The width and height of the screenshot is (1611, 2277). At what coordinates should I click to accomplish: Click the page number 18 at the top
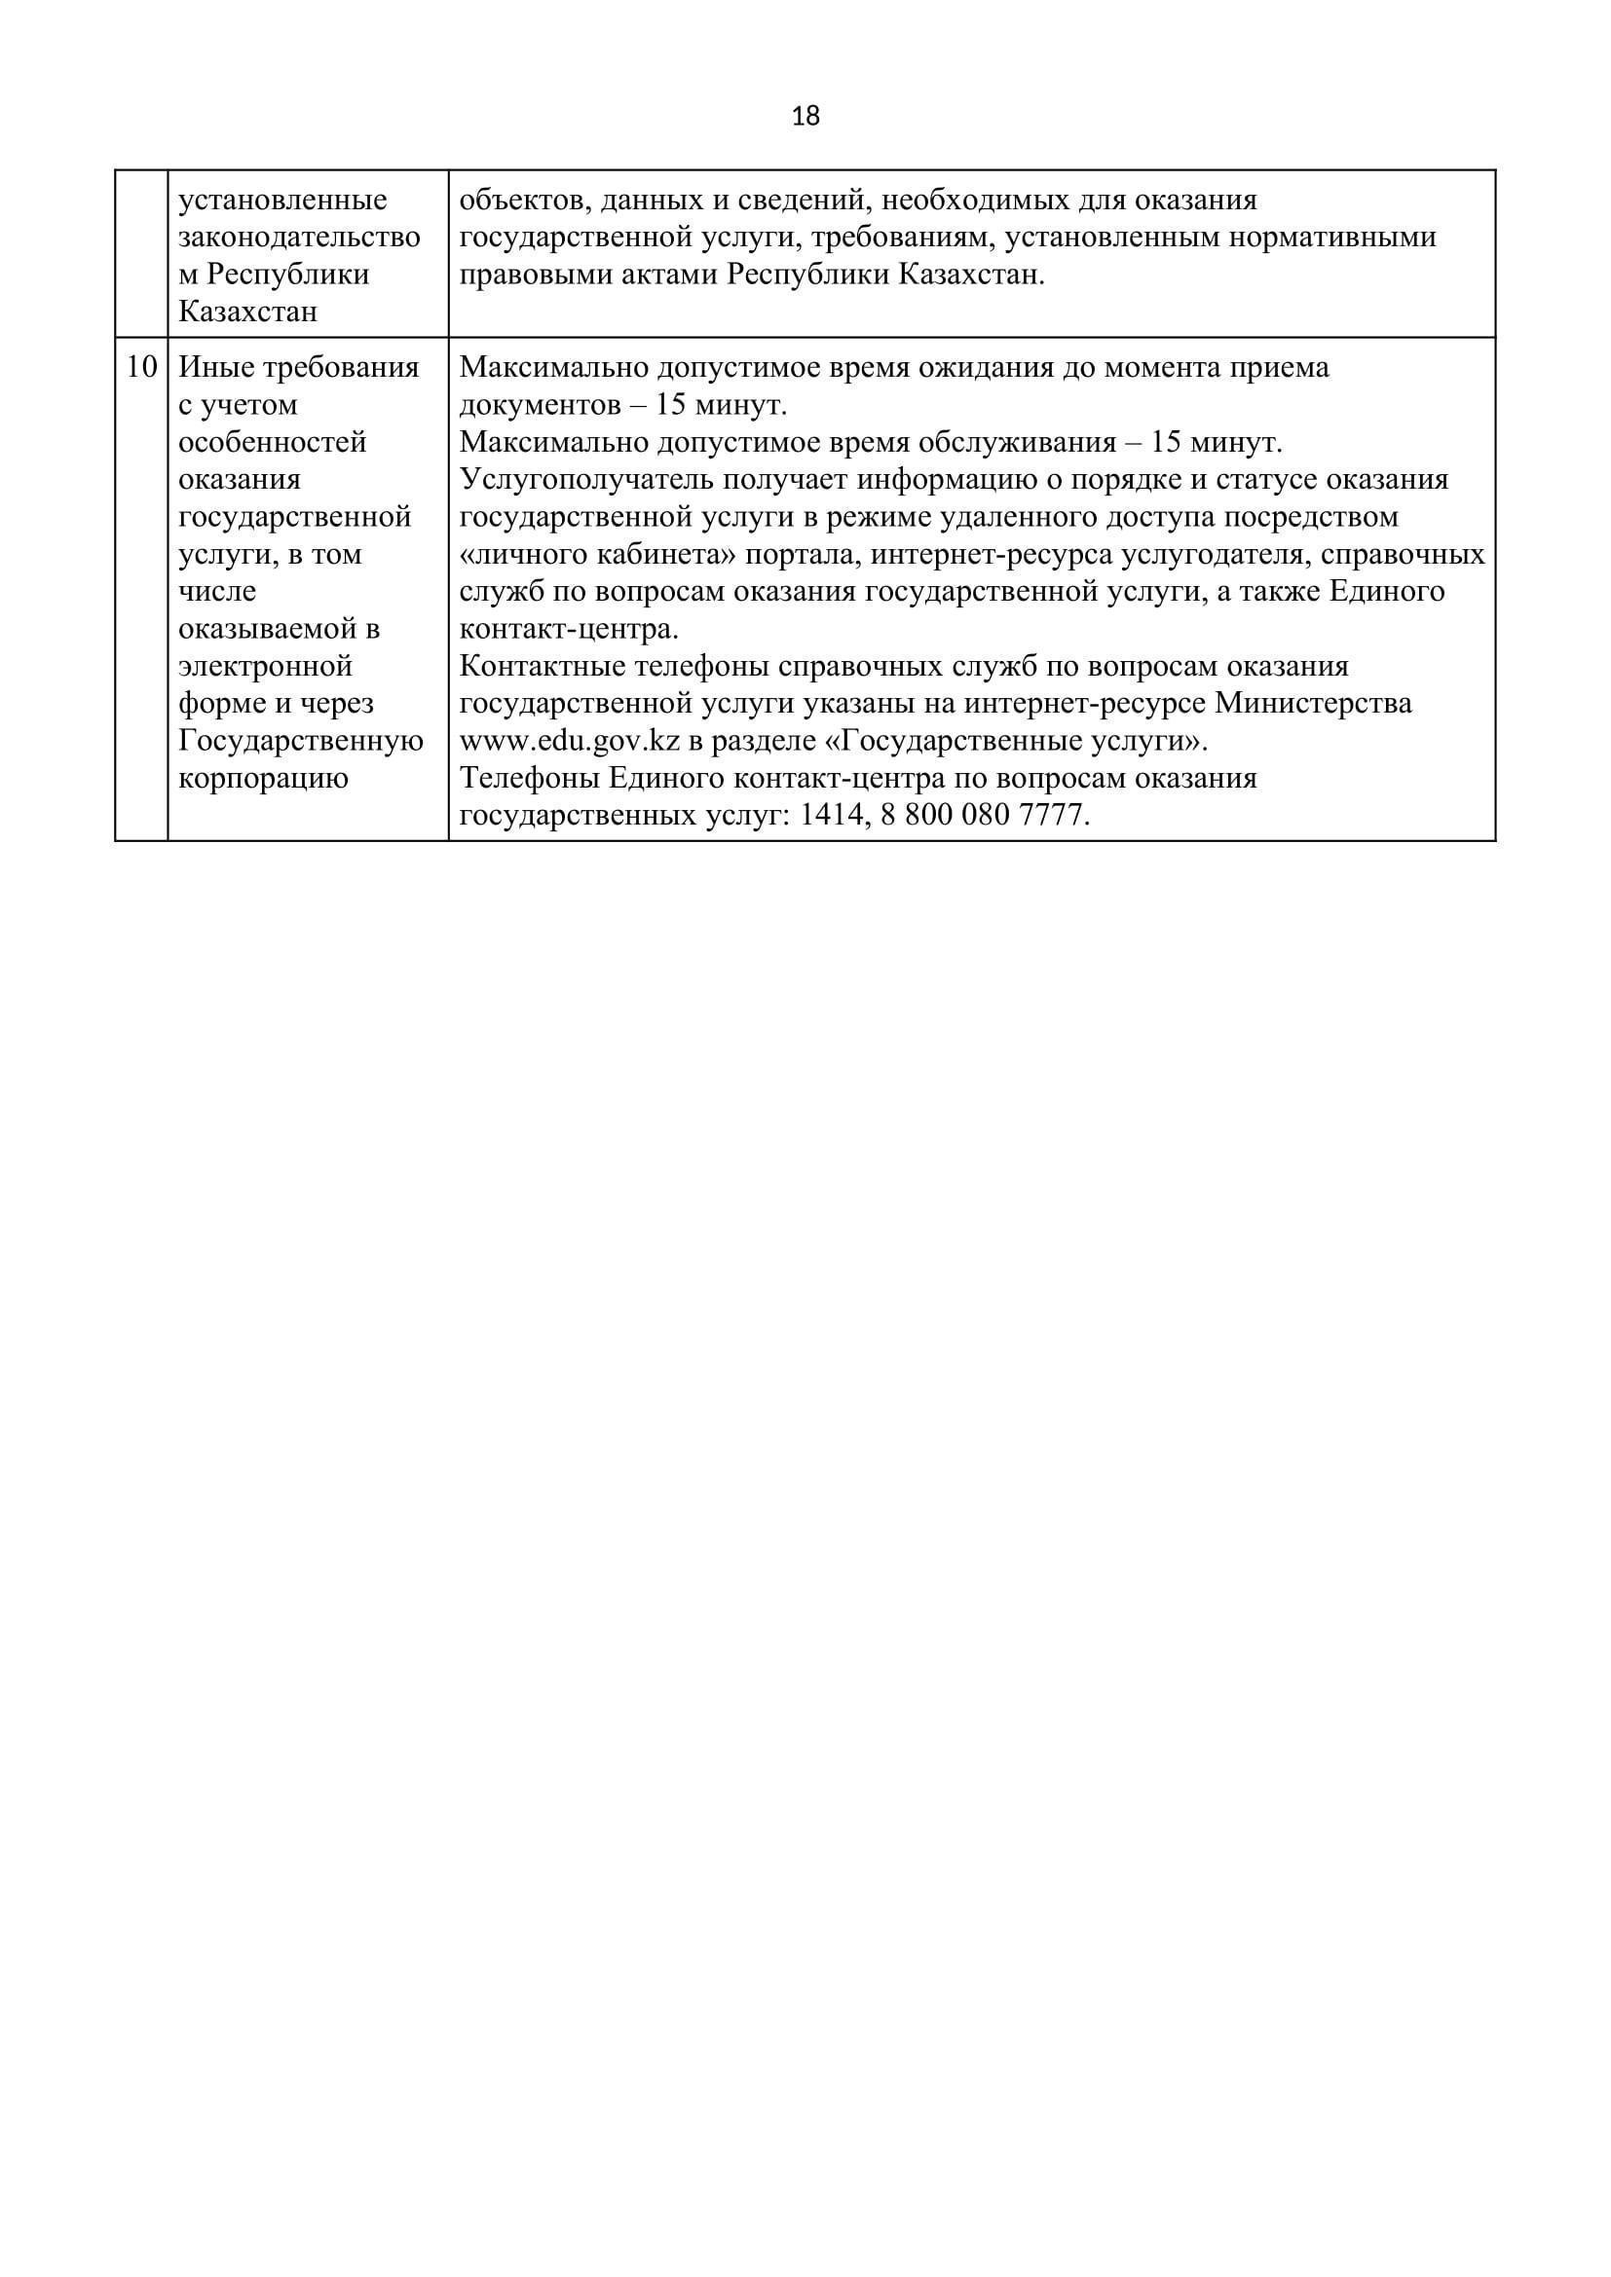pos(805,117)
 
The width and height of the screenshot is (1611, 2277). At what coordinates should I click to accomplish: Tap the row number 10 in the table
pos(142,368)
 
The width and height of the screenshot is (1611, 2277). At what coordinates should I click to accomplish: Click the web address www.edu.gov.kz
pos(570,741)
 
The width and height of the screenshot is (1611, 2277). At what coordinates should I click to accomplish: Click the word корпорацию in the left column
pos(263,779)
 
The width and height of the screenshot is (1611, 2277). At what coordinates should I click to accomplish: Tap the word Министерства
pos(1313,703)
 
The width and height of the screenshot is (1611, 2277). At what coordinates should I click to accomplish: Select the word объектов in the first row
pos(516,201)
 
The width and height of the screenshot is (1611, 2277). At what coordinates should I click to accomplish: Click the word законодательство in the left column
pos(299,238)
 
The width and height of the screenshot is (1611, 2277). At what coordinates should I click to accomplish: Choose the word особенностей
pos(272,442)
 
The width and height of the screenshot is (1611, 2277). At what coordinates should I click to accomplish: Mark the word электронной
pos(265,666)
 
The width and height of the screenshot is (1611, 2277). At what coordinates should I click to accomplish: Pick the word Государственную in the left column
pos(301,741)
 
